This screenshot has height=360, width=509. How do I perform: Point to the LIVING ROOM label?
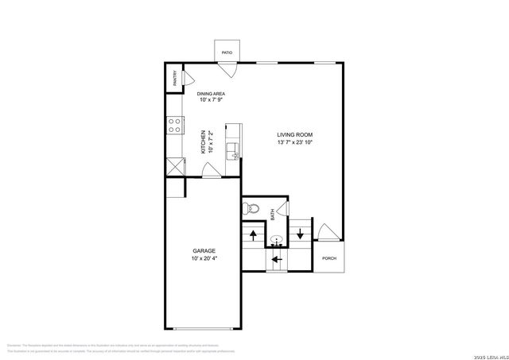coord(294,134)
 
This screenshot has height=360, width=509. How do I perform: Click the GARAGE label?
coord(203,250)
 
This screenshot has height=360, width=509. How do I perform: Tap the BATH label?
coord(272,214)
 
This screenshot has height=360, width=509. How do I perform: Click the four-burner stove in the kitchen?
coord(173,124)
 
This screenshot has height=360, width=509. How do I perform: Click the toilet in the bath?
coord(250,209)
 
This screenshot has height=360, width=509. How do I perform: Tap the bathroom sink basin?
coord(276,238)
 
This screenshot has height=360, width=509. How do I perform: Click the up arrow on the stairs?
coord(253,234)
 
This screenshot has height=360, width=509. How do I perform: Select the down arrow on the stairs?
coord(300,233)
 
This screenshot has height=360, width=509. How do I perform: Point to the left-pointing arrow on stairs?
coord(276,258)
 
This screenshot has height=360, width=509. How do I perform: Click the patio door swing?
coord(228,68)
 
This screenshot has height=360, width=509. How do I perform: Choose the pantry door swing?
coord(186,79)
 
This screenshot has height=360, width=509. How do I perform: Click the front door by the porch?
coord(326,231)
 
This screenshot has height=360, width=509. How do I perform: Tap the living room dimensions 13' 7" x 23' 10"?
coord(294,143)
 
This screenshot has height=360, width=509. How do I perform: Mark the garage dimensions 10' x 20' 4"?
coord(203,259)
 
